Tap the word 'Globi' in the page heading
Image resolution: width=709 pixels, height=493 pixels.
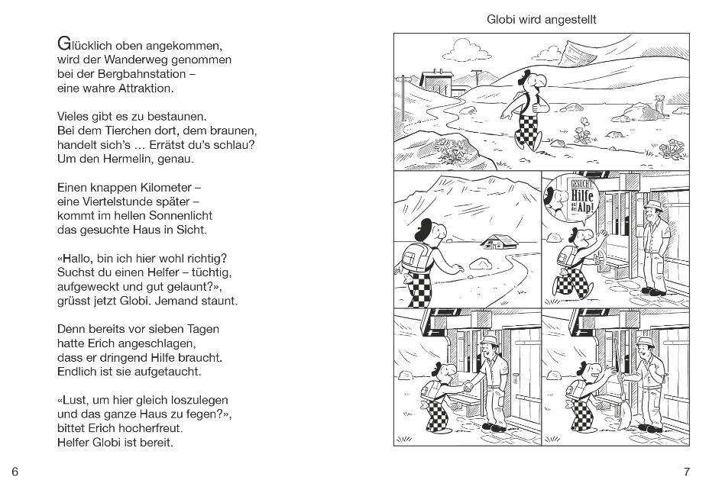pyautogui.click(x=503, y=20)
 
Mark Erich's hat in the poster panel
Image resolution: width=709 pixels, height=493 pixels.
pyautogui.click(x=654, y=206)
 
